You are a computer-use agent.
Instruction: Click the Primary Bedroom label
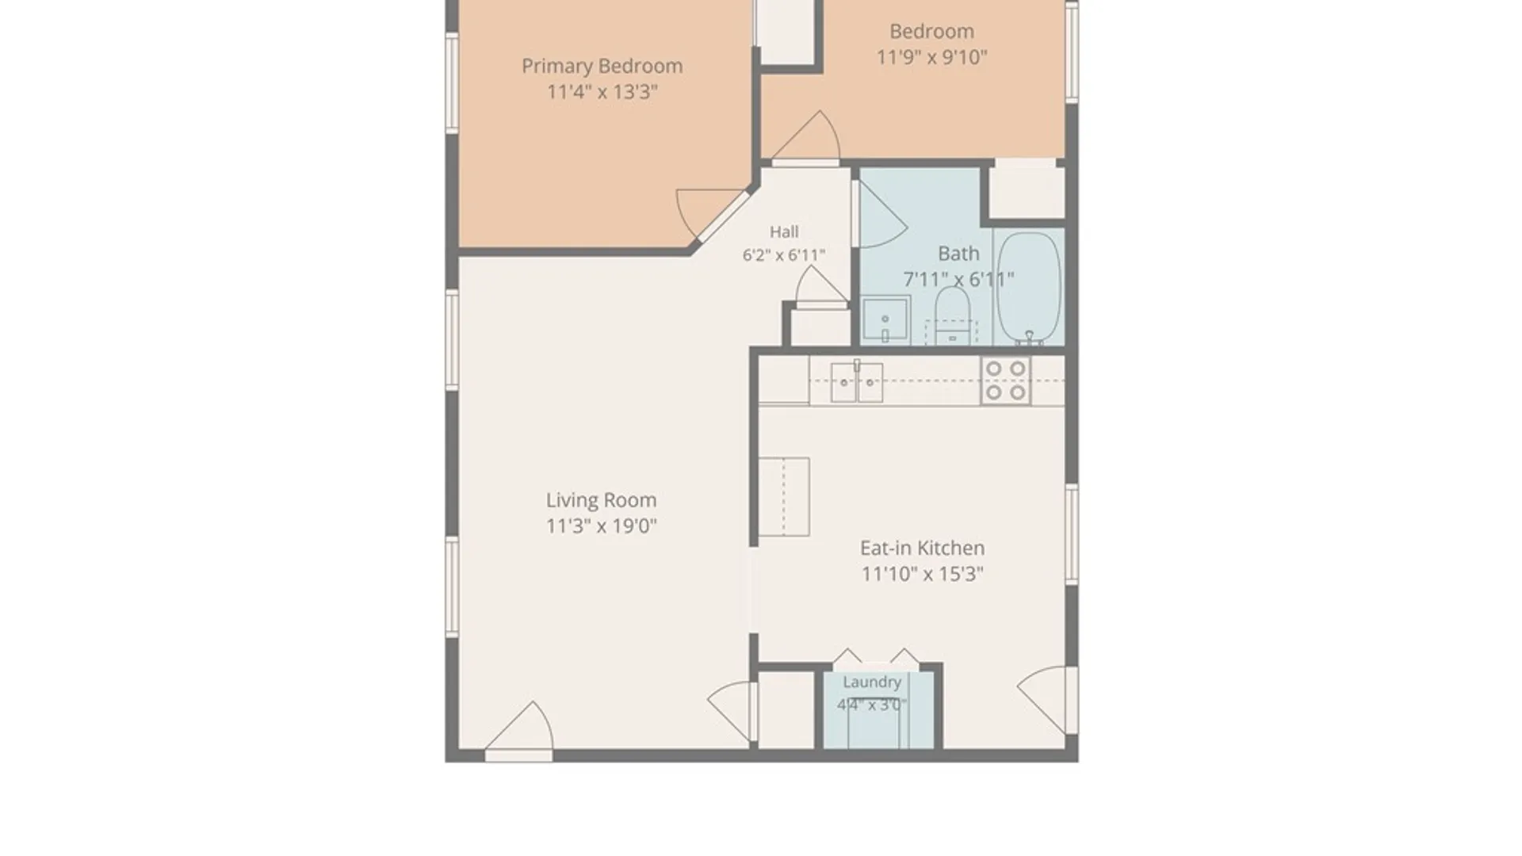pos(602,66)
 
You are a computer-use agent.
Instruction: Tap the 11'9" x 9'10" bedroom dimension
pos(931,57)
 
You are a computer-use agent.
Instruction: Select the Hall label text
pos(784,231)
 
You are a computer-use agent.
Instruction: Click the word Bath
pos(958,254)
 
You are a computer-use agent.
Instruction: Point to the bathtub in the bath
pos(1028,288)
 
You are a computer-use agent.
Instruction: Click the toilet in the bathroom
pos(952,315)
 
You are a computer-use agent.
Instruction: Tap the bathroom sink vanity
pos(885,320)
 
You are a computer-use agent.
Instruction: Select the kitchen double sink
pos(857,382)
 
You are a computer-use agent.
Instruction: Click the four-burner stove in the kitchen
pos(1006,380)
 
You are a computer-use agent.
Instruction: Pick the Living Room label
pos(601,501)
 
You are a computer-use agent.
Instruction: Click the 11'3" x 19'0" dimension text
pos(601,526)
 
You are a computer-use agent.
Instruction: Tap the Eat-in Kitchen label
pos(922,548)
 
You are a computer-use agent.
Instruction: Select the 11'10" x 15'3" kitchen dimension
pos(922,574)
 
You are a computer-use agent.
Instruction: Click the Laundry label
pos(872,682)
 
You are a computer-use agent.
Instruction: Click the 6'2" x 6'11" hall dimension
pos(784,255)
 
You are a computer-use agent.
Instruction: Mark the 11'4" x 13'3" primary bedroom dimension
pos(602,92)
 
